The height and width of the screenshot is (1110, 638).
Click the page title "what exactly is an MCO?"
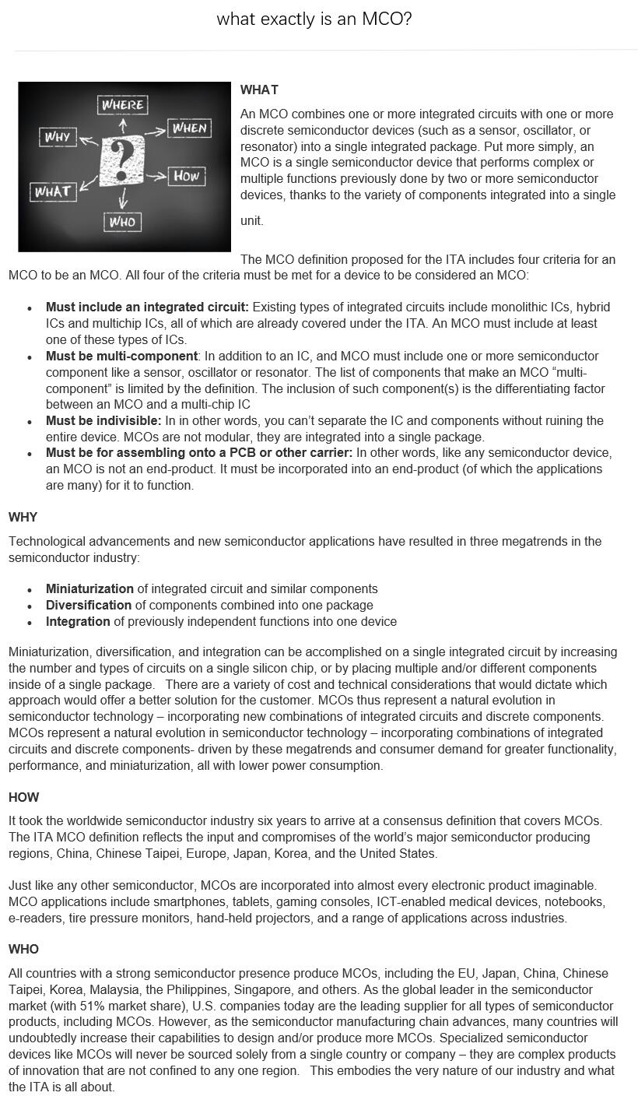click(314, 19)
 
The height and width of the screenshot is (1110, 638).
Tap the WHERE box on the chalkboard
click(123, 104)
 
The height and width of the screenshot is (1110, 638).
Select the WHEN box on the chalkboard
click(189, 128)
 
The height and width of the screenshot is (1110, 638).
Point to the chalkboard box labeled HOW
click(186, 176)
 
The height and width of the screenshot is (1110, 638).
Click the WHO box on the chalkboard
click(122, 222)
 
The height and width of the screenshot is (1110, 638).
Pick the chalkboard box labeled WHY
click(58, 137)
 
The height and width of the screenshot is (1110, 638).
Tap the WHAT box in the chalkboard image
click(53, 191)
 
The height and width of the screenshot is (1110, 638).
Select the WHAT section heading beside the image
click(259, 90)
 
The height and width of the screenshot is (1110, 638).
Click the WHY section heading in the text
click(23, 518)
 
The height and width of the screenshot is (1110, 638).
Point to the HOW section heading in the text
click(23, 797)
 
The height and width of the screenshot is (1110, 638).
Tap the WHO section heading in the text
click(23, 949)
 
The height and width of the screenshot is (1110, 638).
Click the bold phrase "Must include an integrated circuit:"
click(147, 307)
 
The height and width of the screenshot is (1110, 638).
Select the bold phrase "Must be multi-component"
click(121, 356)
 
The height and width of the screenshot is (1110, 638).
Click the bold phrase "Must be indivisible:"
click(103, 421)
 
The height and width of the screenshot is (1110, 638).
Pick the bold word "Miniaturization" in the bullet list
click(89, 589)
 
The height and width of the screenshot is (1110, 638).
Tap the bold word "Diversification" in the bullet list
click(89, 606)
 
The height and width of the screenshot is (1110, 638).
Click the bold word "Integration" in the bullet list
click(78, 622)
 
